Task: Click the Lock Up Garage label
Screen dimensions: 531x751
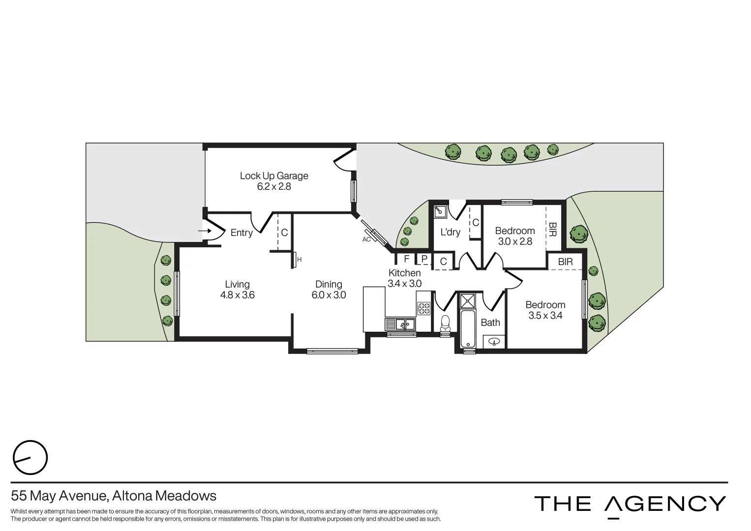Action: [274, 176]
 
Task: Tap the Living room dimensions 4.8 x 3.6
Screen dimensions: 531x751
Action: [237, 295]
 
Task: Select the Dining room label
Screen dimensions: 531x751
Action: [329, 284]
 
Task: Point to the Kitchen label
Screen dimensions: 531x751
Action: [404, 273]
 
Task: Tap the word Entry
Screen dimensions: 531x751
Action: [241, 233]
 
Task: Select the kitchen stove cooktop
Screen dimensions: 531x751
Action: [423, 309]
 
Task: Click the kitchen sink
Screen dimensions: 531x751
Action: [400, 324]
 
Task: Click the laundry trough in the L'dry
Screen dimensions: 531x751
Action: [439, 211]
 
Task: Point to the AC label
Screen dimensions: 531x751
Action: [366, 239]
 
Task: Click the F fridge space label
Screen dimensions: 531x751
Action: [406, 259]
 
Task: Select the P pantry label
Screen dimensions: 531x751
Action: [424, 259]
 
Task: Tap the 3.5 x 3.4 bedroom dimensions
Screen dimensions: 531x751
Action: [545, 316]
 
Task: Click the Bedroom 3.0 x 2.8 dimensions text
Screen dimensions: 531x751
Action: [515, 241]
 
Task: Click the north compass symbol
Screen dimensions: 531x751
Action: [30, 458]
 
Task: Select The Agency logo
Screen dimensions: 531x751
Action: [630, 504]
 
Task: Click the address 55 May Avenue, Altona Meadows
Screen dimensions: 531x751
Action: [114, 495]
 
